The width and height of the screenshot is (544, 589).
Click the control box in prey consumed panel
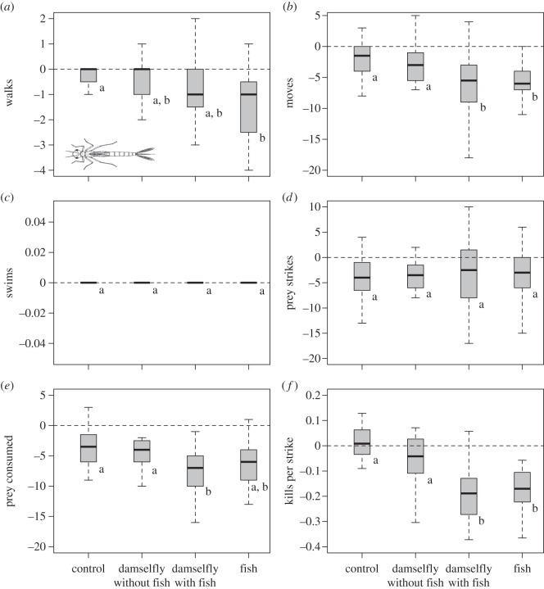[88, 448]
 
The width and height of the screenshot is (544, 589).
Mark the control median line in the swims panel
[88, 283]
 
